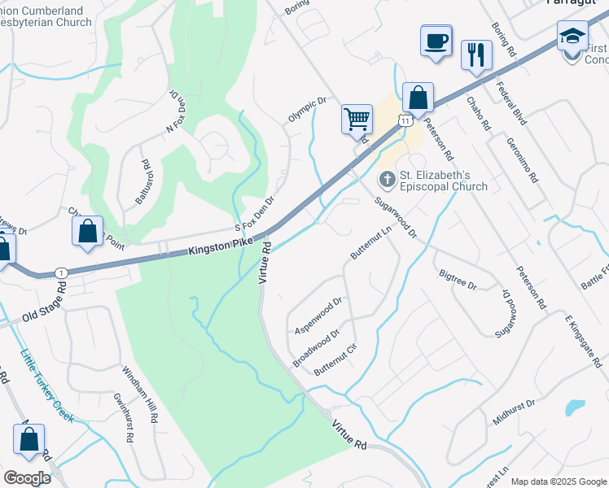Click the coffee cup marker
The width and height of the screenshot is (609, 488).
(436, 41)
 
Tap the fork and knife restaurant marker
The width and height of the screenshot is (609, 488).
(475, 55)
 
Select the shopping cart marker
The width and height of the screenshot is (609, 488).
(357, 119)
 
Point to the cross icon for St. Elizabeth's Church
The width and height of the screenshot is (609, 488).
(387, 178)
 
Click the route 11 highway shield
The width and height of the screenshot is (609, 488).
(405, 120)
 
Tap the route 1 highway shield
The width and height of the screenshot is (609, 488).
(61, 272)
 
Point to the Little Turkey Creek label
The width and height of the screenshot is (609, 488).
(46, 386)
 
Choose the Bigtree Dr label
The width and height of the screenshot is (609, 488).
(457, 281)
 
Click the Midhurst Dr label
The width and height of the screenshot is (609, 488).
(514, 413)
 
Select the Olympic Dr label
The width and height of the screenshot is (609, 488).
(306, 110)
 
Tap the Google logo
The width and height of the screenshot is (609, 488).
(27, 478)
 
